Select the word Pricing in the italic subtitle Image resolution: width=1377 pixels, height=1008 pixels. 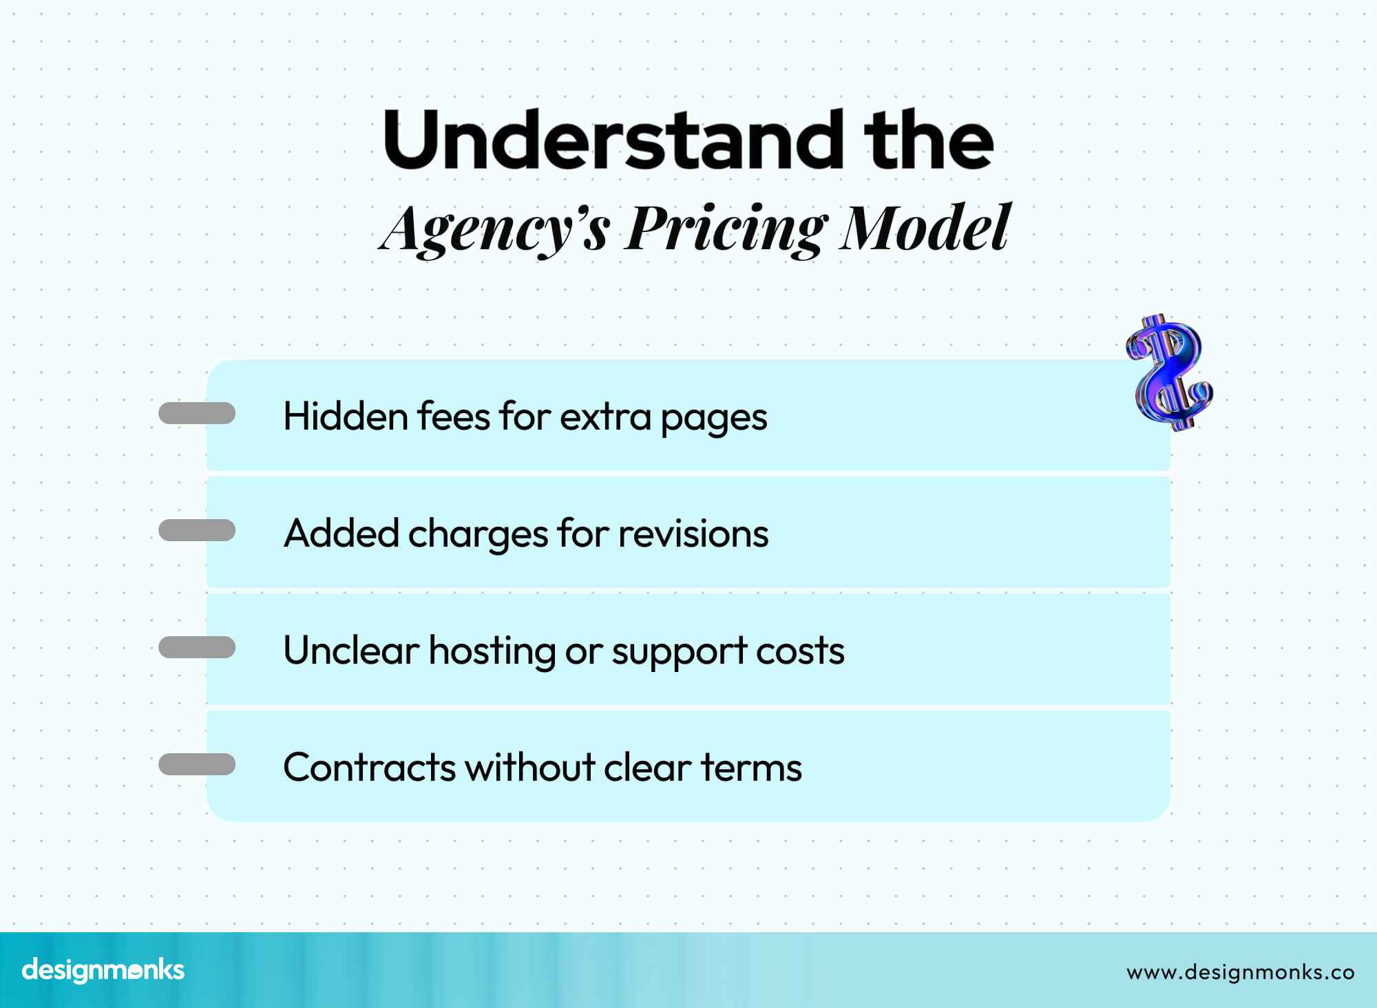point(726,229)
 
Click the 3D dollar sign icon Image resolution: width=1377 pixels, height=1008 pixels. point(1169,372)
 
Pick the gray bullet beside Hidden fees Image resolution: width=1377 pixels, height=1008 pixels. point(197,413)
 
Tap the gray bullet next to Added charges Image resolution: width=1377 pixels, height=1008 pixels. point(197,530)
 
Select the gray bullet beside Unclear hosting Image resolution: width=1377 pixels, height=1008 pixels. point(197,647)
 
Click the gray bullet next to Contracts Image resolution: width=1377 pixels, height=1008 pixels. point(197,764)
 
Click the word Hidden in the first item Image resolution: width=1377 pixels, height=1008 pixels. point(346,417)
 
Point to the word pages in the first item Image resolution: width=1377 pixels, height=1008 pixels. point(713,418)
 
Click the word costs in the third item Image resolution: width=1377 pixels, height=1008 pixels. point(800,651)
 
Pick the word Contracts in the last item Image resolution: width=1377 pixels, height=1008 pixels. point(369,768)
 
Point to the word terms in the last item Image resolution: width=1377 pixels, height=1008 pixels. point(751,768)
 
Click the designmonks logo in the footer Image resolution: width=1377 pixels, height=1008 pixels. point(103,970)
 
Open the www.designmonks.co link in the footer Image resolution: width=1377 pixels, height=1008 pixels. point(1240,972)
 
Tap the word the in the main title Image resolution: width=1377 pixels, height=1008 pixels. point(929,140)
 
